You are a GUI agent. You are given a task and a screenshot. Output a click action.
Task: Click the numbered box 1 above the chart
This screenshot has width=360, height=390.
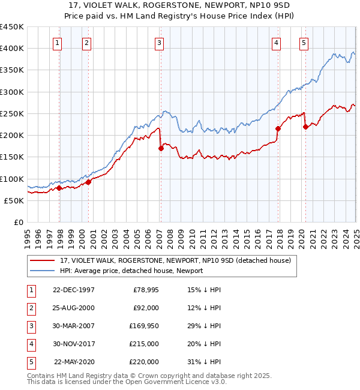tap(56, 43)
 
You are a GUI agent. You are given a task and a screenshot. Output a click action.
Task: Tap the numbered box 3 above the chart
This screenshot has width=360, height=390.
tap(159, 43)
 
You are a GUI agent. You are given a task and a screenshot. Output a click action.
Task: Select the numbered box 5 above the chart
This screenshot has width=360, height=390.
tap(304, 43)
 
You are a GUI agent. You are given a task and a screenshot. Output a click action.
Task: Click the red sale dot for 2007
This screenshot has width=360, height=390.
tap(161, 148)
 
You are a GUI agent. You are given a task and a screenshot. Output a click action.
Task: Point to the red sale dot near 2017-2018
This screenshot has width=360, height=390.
tap(278, 128)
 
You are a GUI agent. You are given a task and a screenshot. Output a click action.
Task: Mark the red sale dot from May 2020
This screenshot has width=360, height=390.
tap(305, 127)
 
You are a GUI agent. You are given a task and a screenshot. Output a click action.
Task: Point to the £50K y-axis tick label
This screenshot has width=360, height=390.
tap(14, 200)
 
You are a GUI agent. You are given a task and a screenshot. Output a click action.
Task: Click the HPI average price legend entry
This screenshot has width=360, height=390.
tap(131, 271)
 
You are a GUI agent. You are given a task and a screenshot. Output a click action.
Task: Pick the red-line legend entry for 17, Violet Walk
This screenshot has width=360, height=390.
tap(175, 260)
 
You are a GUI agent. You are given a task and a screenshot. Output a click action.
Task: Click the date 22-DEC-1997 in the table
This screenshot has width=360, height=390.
tap(73, 290)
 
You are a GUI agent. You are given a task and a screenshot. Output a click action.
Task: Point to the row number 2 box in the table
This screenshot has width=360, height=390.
tap(30, 308)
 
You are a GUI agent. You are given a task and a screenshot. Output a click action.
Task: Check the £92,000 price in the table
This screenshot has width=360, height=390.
tap(145, 308)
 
